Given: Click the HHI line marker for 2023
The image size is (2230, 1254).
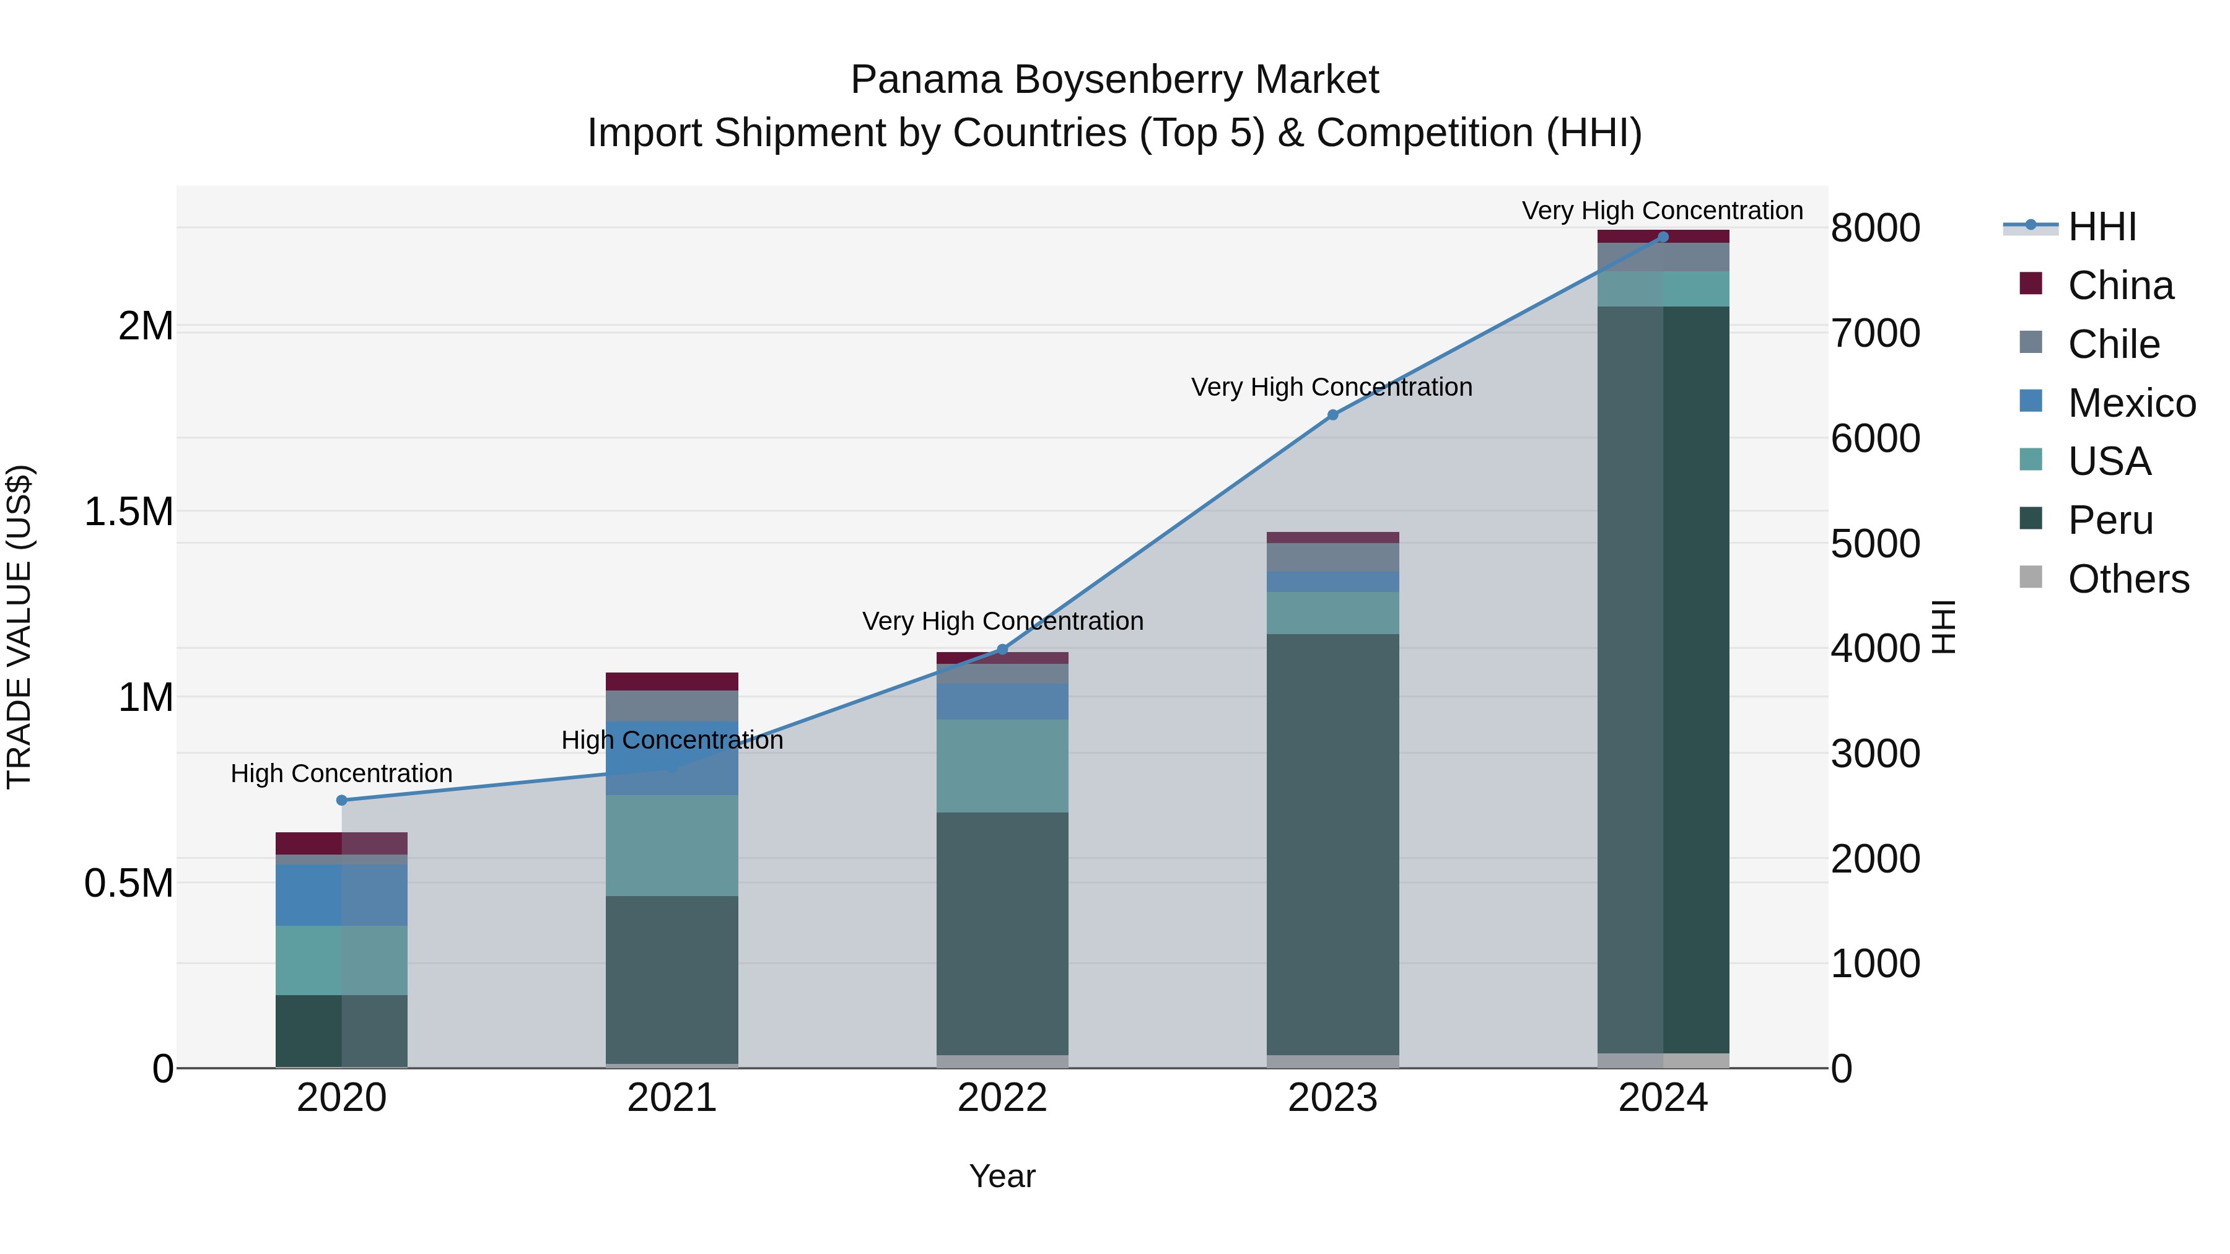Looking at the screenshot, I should coord(1332,416).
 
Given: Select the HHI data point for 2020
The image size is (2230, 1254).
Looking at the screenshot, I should coord(341,801).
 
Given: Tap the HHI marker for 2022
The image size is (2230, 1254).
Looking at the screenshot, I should coord(1002,650).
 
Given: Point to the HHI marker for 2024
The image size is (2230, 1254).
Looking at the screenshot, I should coord(1663,237).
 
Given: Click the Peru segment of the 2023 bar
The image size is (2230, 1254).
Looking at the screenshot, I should coord(1332,844).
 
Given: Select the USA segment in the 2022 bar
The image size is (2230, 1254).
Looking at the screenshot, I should coord(1002,766).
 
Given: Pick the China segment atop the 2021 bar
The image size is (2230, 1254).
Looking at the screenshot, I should coord(671,681).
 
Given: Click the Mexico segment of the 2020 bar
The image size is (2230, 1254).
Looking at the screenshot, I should coord(341,895).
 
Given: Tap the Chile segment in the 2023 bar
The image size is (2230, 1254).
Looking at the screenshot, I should coord(1332,557).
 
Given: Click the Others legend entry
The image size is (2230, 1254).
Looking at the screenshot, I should coord(2128,579).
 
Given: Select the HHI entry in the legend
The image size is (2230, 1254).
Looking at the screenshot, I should coord(2102,227).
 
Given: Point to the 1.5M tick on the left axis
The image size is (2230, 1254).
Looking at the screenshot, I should coord(129,512).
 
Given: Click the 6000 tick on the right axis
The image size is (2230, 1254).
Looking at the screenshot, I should coord(1875,439).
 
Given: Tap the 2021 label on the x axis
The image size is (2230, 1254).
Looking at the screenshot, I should coord(671,1098).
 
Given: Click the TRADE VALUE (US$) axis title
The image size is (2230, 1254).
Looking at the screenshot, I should coord(19,627).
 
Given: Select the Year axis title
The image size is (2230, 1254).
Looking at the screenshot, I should coord(1002,1176).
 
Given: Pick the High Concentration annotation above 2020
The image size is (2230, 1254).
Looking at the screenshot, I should coord(341,773).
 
